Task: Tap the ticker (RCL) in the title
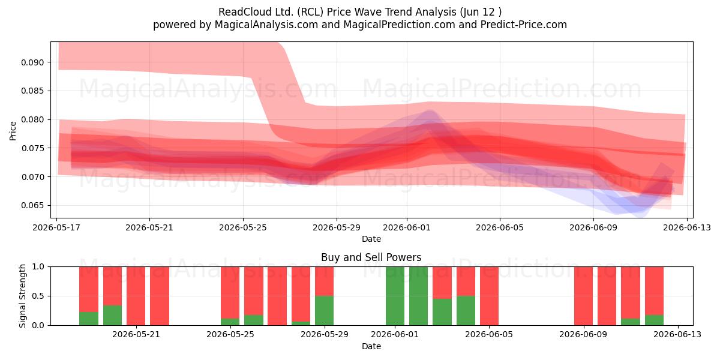click(x=310, y=12)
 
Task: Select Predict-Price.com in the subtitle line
click(x=524, y=25)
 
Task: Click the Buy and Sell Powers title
click(x=371, y=257)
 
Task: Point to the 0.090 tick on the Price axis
click(x=32, y=62)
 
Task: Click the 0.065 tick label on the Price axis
click(x=32, y=205)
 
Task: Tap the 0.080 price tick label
click(x=32, y=119)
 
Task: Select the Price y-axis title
click(x=13, y=131)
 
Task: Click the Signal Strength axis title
click(x=22, y=296)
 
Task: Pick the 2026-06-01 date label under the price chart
click(x=407, y=227)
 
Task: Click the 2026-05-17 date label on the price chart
click(x=56, y=227)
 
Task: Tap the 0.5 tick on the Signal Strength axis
click(x=38, y=296)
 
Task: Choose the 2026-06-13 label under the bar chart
click(x=677, y=335)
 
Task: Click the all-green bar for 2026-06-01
click(x=395, y=296)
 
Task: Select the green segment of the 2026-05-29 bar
click(x=325, y=311)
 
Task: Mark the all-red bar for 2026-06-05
click(x=489, y=296)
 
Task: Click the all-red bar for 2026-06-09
click(x=583, y=296)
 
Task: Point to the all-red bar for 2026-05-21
click(x=136, y=296)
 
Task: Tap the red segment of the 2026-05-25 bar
click(x=230, y=293)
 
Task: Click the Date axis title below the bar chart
click(x=371, y=347)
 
